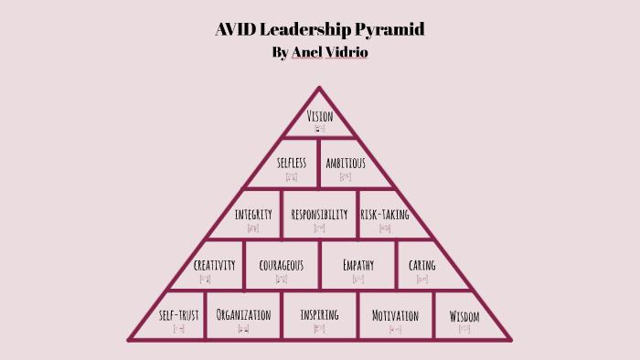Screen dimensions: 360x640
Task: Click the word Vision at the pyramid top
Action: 319,116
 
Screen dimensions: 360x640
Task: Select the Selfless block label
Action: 291,163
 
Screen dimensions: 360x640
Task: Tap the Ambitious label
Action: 346,163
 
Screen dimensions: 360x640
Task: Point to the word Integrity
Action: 253,215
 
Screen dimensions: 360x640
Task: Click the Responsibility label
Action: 319,215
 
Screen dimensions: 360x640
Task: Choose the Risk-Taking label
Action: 385,215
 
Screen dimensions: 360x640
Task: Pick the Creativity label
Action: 215,265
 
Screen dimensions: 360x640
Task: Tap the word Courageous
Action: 282,265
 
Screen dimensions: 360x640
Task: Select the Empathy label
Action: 358,265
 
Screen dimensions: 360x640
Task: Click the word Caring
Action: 422,266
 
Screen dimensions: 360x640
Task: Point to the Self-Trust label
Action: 178,315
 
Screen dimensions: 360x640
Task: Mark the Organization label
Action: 243,314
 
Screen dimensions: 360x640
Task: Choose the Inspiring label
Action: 319,314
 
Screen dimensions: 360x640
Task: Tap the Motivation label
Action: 395,315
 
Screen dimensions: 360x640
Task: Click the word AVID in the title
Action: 236,29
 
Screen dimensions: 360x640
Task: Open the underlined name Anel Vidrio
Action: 329,52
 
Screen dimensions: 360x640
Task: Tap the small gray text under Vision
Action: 319,129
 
